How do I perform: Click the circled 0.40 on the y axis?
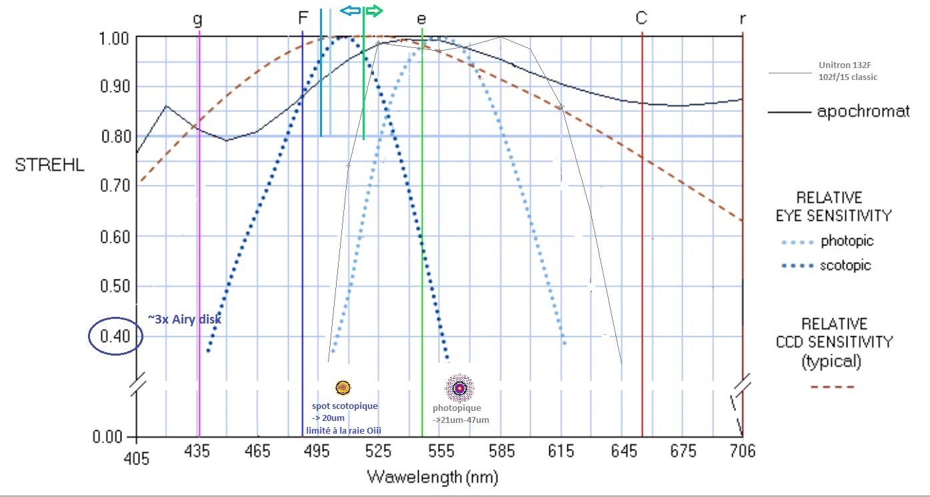[x=115, y=336]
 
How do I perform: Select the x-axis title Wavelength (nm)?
[x=431, y=478]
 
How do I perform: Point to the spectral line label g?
[x=197, y=19]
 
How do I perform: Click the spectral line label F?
[x=303, y=18]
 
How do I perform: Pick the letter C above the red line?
[x=641, y=18]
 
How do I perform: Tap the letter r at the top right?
[x=743, y=19]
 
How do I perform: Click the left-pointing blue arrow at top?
[x=350, y=11]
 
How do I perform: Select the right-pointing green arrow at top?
[x=375, y=11]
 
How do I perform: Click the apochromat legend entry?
[x=863, y=111]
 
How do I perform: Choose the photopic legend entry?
[x=847, y=241]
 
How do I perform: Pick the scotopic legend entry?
[x=845, y=266]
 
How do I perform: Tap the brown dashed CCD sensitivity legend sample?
[x=833, y=387]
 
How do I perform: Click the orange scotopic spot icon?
[x=343, y=387]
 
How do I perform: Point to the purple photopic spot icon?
[x=459, y=388]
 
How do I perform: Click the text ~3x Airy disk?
[x=184, y=320]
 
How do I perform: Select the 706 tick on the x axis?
[x=741, y=452]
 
